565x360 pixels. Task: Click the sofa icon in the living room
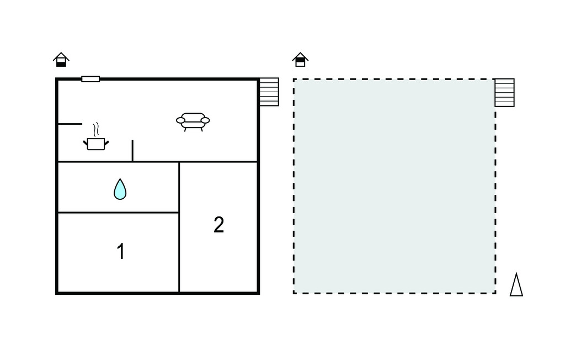click(x=193, y=122)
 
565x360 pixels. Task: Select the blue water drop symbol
click(x=120, y=189)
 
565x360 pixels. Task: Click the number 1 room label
click(x=121, y=251)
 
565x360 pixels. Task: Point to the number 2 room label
click(x=218, y=225)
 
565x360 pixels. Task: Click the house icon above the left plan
click(x=61, y=60)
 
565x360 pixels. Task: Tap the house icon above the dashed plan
click(x=300, y=60)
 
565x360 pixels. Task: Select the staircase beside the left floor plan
click(x=269, y=92)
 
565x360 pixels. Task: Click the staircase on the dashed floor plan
click(x=504, y=93)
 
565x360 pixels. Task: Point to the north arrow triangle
click(x=516, y=284)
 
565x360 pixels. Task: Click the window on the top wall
click(x=90, y=79)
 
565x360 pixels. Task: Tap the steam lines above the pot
click(x=96, y=129)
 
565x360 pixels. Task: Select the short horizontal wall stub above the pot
click(x=70, y=124)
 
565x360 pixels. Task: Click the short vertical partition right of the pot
click(x=132, y=150)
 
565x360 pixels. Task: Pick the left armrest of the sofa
click(x=180, y=120)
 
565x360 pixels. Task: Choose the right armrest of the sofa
click(x=205, y=120)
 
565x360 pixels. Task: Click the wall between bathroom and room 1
click(x=119, y=213)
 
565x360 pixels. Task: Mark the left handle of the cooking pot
click(x=86, y=143)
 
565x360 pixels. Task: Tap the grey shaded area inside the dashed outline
click(x=394, y=186)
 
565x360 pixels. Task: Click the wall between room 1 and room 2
click(x=179, y=252)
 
